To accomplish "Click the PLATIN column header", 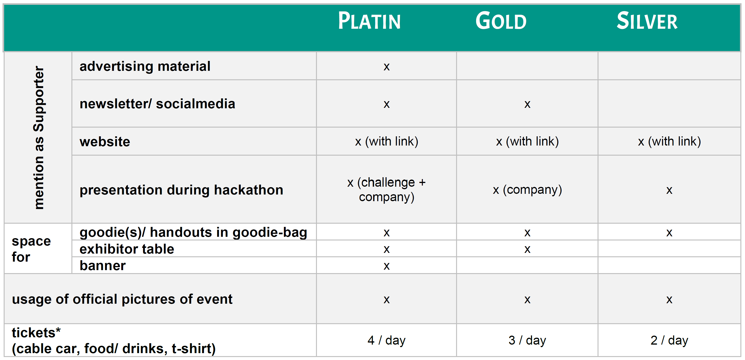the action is click(369, 21).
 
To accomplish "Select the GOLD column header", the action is click(501, 21).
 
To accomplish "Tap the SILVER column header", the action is click(647, 21).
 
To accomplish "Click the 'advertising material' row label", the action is click(145, 66).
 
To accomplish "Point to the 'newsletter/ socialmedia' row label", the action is click(157, 104).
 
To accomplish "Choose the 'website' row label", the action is click(105, 142).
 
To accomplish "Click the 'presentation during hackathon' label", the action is click(181, 190).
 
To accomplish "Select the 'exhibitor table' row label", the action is click(127, 249).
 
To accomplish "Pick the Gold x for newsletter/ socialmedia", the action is click(527, 104).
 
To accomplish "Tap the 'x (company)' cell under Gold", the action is click(527, 190).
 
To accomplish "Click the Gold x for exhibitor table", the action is click(527, 249).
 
